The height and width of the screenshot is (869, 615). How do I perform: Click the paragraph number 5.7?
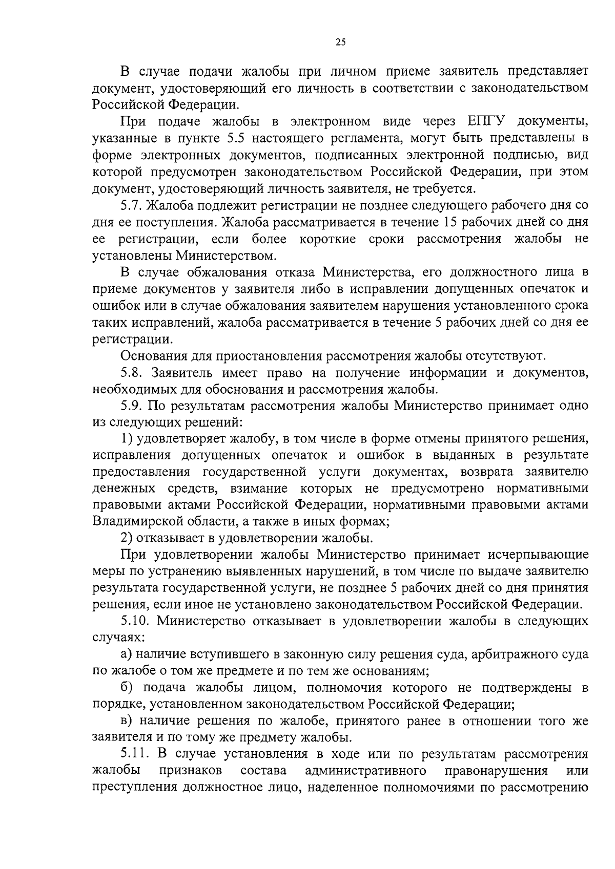[131, 205]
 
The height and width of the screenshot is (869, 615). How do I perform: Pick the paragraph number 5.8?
[131, 372]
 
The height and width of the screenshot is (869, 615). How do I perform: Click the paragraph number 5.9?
[131, 406]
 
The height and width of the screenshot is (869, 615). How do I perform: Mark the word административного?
[366, 771]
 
